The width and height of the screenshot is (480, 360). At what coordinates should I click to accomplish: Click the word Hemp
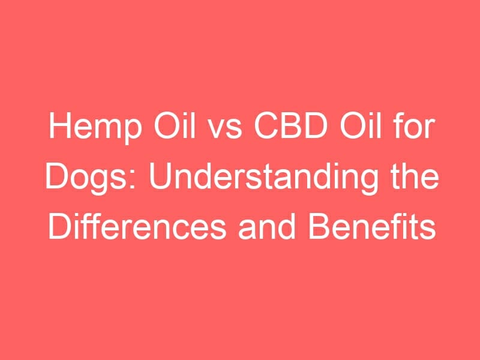pyautogui.click(x=95, y=127)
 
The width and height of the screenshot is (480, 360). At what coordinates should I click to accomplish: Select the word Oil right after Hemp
pyautogui.click(x=175, y=125)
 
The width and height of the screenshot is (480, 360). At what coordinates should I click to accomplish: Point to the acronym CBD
pyautogui.click(x=290, y=125)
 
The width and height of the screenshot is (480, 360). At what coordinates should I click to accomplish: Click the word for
pyautogui.click(x=414, y=125)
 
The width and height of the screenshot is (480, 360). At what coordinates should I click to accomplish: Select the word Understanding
pyautogui.click(x=263, y=178)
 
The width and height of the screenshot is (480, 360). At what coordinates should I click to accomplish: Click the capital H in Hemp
pyautogui.click(x=59, y=125)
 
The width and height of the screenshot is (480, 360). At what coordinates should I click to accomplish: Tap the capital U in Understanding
pyautogui.click(x=160, y=176)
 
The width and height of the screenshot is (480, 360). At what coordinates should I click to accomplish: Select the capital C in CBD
pyautogui.click(x=266, y=125)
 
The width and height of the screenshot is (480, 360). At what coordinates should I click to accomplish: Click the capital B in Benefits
pyautogui.click(x=319, y=227)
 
